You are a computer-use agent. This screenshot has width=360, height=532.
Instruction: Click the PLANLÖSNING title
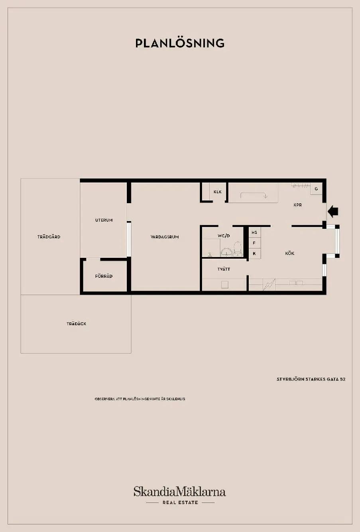180,43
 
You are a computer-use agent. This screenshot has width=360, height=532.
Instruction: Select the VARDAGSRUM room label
165,237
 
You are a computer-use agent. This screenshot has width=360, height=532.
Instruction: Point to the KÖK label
290,253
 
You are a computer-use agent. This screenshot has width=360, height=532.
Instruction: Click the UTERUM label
104,220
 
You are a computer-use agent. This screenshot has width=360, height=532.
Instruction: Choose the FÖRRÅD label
104,276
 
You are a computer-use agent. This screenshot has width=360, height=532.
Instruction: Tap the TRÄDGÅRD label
49,237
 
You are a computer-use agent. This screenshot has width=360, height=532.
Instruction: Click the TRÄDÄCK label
76,324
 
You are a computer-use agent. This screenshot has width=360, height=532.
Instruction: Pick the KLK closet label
217,192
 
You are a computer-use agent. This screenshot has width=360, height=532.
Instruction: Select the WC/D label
224,236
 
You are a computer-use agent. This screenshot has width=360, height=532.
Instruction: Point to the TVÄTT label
224,269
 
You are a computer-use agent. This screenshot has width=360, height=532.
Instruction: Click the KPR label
298,205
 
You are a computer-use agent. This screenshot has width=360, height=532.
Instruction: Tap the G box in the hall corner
316,189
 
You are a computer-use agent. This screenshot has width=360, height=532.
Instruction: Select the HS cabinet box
254,232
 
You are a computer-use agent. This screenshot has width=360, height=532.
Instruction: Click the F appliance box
254,243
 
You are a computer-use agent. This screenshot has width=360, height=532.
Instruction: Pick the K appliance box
254,253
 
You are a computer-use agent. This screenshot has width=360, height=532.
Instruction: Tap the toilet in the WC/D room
237,248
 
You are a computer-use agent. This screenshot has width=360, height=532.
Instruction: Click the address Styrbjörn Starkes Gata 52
311,379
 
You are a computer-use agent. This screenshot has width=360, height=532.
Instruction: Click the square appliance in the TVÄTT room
225,285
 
